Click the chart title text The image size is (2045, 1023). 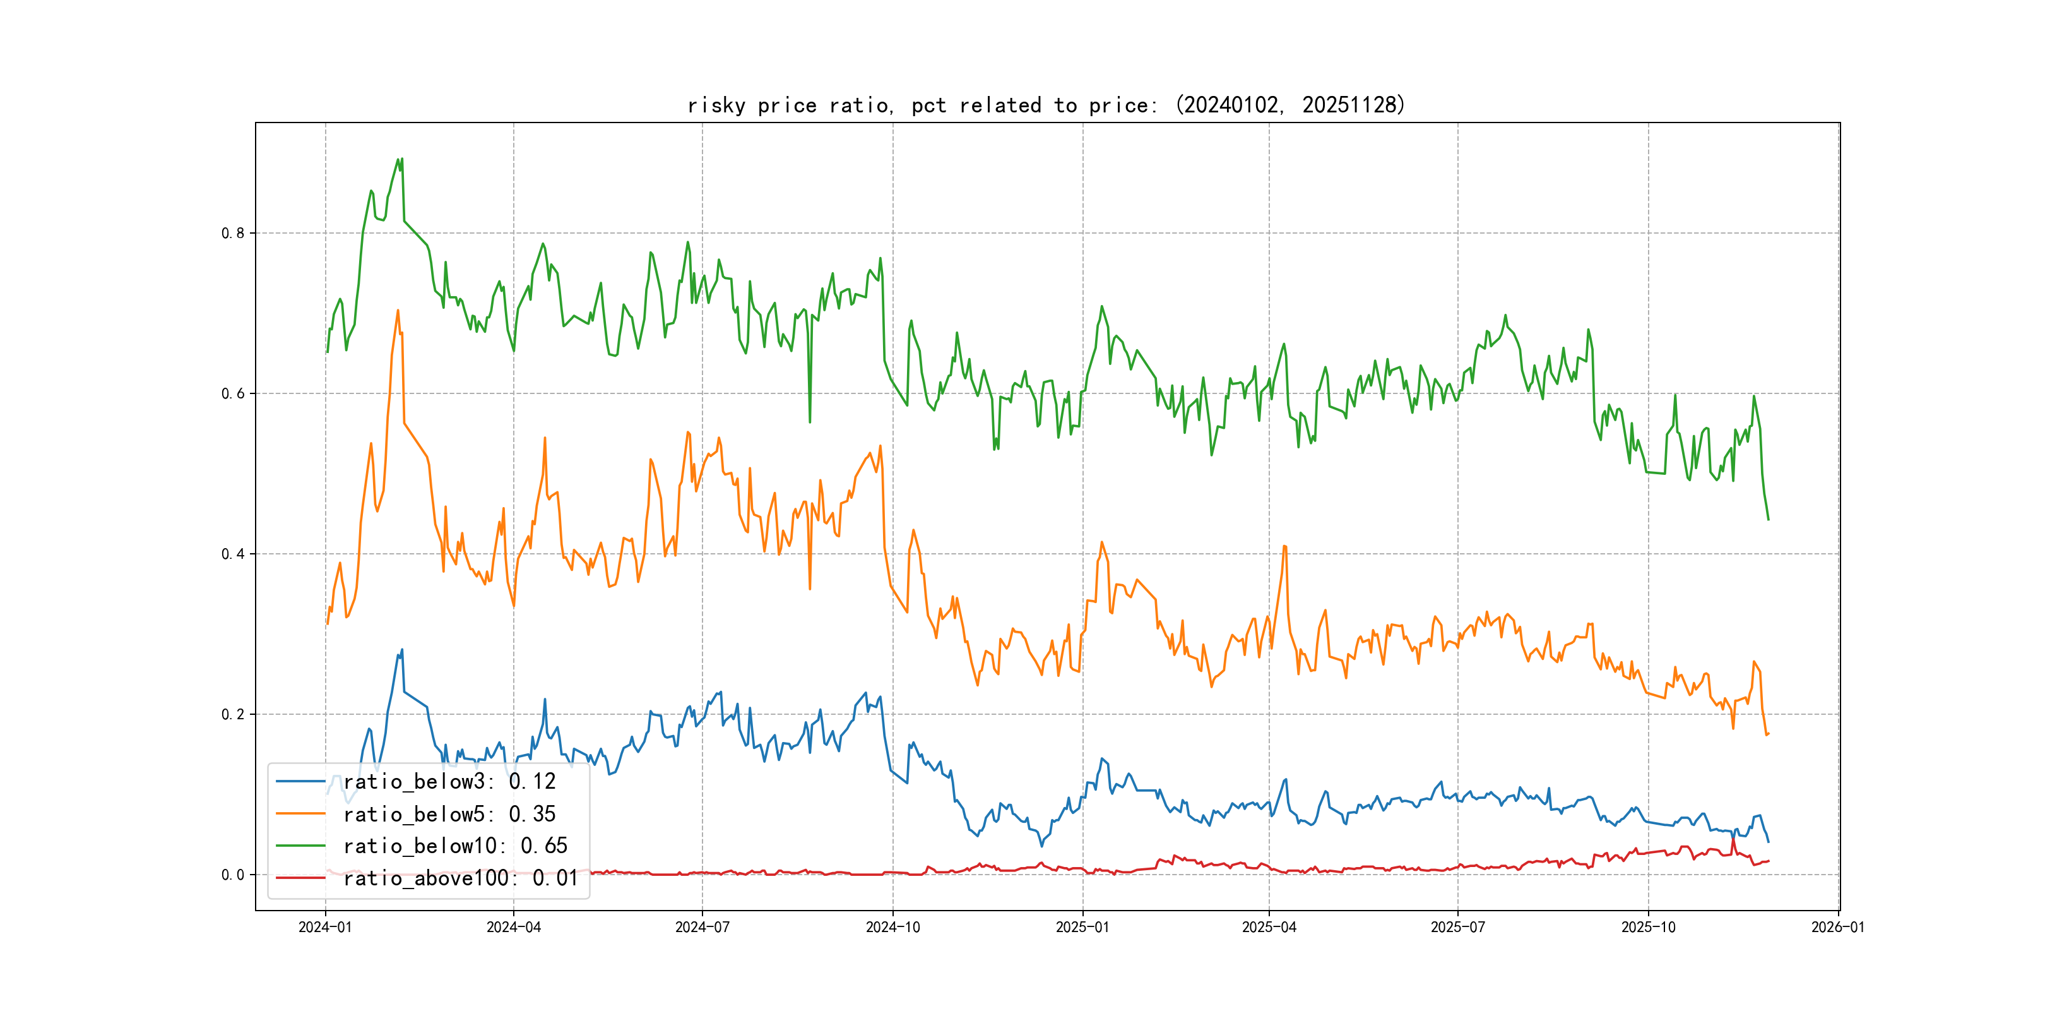click(x=1046, y=105)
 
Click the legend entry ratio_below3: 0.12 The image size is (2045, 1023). click(x=449, y=782)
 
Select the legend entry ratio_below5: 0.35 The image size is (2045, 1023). click(x=449, y=814)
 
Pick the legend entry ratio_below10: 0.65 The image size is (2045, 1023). click(x=455, y=846)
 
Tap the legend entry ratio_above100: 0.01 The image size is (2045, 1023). click(x=461, y=878)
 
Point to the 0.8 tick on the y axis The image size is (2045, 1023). click(x=233, y=233)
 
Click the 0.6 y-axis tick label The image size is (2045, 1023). click(x=233, y=393)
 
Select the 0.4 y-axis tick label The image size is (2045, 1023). click(x=233, y=554)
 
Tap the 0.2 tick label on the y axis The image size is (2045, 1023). click(x=233, y=714)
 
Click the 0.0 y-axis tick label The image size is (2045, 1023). click(x=233, y=875)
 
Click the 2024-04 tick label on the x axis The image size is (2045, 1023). click(x=514, y=927)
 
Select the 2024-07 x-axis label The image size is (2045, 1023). click(x=702, y=927)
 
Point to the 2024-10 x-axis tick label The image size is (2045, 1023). click(x=892, y=927)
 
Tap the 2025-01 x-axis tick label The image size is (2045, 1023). click(x=1082, y=927)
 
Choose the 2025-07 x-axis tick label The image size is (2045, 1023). click(x=1457, y=927)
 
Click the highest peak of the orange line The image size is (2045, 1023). click(x=398, y=311)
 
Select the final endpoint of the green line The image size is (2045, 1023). click(x=1768, y=520)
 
